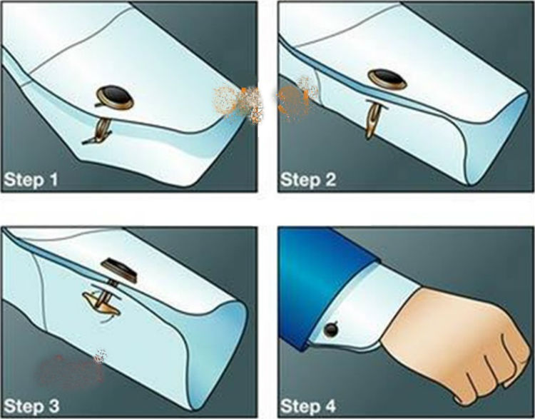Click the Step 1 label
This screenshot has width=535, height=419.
click(x=31, y=179)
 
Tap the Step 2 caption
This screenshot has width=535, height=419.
click(x=308, y=179)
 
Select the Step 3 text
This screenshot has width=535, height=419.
click(x=31, y=406)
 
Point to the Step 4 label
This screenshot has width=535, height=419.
click(x=308, y=406)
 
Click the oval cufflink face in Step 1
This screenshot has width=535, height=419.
click(x=115, y=97)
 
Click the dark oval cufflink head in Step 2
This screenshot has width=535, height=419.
click(x=387, y=79)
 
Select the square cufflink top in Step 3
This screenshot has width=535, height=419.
click(x=119, y=269)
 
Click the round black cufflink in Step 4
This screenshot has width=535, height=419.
click(x=331, y=329)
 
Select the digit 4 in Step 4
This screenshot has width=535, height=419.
click(x=329, y=406)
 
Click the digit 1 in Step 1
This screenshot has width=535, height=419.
click(x=53, y=180)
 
